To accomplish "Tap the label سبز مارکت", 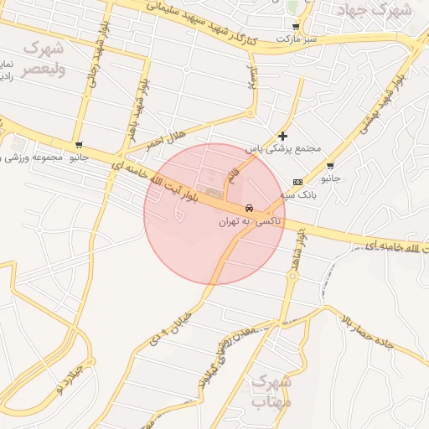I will pos(299,39).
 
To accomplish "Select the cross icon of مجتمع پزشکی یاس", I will pos(282,136).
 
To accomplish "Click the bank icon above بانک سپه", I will pos(297,182).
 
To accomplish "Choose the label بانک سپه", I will pos(301,194).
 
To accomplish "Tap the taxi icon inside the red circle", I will pos(250,208).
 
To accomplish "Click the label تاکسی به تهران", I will pos(251,222).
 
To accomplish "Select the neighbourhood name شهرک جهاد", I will pos(374,11).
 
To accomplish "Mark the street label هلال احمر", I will pos(165,139).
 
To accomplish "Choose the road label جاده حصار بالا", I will pos(378,326).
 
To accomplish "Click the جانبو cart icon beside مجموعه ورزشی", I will pos(78,145).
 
